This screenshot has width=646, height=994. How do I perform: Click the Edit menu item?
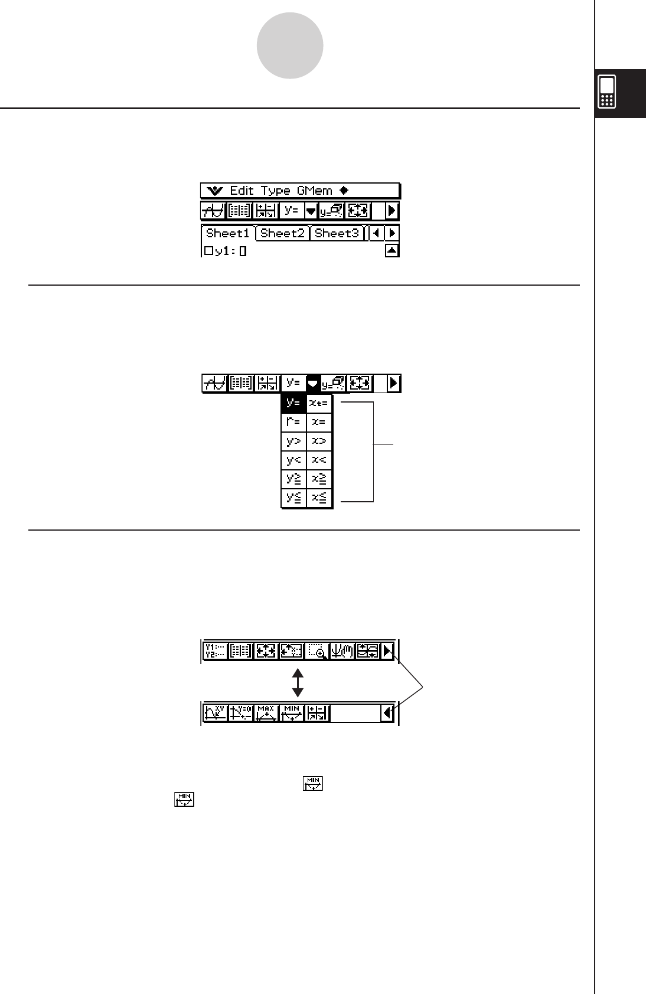coord(242,191)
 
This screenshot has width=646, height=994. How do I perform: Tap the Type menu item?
coord(276,191)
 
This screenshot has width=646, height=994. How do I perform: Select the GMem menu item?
coord(315,191)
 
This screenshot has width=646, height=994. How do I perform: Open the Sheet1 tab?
coord(227,233)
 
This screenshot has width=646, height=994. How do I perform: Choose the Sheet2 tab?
coord(282,233)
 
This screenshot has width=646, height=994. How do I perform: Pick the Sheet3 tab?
coord(337,233)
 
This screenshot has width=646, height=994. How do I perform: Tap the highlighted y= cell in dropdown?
coord(293,403)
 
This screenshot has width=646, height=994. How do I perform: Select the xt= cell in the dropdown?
coord(319,403)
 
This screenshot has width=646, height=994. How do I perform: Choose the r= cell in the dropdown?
coord(293,422)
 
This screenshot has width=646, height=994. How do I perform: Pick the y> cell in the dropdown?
coord(293,441)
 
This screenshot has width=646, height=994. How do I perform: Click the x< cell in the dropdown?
coord(319,460)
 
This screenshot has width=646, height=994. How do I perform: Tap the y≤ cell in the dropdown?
coord(293,498)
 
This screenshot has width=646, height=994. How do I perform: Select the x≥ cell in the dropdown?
coord(319,479)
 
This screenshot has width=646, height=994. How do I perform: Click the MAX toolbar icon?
coord(266,712)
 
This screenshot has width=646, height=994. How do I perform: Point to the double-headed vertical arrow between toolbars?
coord(298,682)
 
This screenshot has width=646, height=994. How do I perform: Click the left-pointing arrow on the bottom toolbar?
coord(387,713)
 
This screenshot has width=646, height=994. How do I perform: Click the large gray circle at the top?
coord(290,45)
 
